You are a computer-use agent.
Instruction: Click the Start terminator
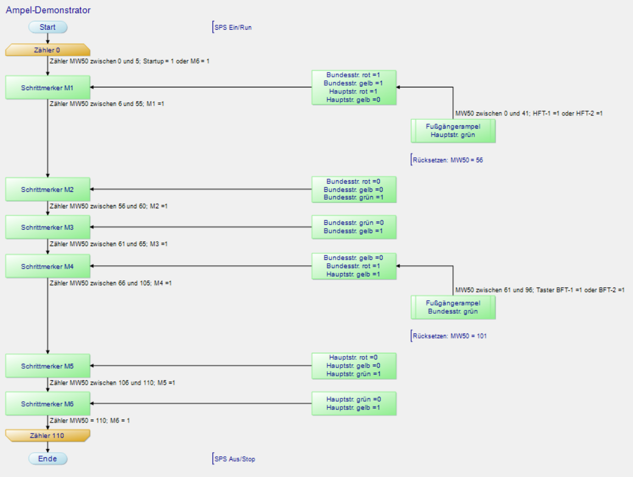pos(48,27)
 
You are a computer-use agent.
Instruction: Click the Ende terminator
pos(48,459)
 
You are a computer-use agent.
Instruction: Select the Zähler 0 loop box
pos(48,50)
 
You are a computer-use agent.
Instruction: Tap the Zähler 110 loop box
pos(48,435)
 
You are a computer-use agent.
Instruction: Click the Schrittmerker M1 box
pos(48,87)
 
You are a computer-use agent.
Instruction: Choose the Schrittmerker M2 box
pos(48,190)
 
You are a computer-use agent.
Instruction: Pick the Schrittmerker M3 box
pos(48,227)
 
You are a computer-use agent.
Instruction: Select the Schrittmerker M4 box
pos(48,267)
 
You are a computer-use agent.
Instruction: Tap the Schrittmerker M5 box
pos(48,366)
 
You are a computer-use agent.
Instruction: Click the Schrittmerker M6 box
pos(48,404)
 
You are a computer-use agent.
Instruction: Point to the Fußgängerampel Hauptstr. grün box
pos(453,131)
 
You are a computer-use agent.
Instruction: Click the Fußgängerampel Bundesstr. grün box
pos(453,307)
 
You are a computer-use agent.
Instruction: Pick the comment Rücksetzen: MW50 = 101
pos(449,336)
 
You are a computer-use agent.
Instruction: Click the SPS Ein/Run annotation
pos(233,27)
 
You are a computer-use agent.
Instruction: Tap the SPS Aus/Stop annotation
pos(234,459)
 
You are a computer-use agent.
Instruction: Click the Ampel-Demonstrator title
pos(48,10)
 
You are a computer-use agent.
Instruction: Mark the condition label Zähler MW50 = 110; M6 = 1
pos(90,420)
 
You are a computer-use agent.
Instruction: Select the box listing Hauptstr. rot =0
pos(354,366)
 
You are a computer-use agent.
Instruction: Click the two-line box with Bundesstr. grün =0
pos(354,227)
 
